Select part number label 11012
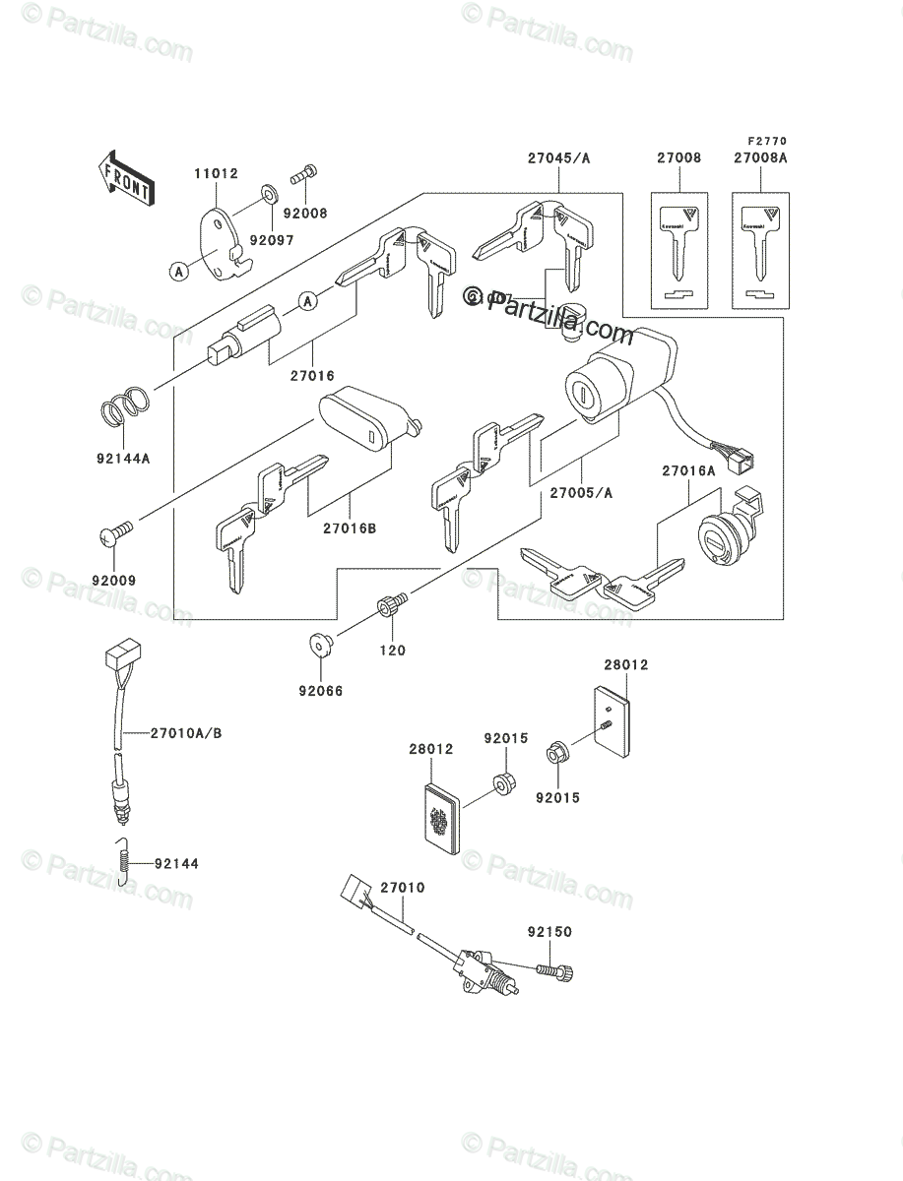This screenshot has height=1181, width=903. click(216, 174)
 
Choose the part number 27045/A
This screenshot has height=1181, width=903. click(558, 157)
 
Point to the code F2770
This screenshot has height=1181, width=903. click(767, 142)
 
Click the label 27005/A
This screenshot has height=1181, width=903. click(580, 493)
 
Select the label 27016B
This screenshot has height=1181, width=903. click(349, 528)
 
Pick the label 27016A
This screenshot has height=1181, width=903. click(688, 471)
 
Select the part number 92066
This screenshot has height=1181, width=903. click(321, 691)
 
